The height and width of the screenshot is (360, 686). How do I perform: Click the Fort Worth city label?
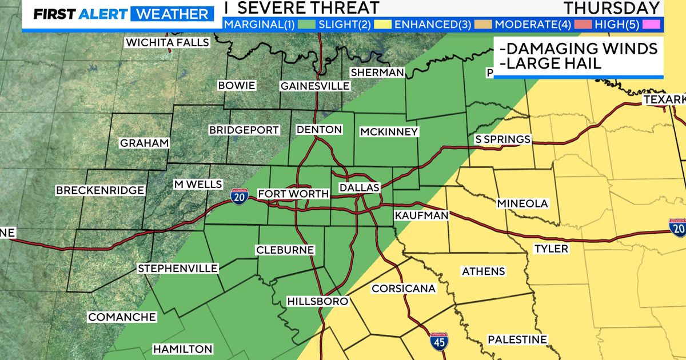[293, 194]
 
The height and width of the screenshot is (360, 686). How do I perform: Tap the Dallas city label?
[359, 188]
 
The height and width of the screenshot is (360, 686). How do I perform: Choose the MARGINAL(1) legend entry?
[255, 24]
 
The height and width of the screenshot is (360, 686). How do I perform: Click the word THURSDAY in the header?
[611, 8]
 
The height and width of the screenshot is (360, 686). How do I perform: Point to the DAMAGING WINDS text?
[577, 47]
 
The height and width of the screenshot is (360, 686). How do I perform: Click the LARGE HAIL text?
[551, 63]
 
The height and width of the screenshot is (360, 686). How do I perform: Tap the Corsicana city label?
[404, 289]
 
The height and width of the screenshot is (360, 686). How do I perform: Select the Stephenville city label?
[178, 268]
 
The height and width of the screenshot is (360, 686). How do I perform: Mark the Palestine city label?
[517, 339]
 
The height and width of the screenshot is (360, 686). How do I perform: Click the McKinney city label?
[389, 132]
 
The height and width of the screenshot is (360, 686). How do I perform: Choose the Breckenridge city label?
[100, 190]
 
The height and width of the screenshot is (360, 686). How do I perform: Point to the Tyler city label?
[551, 249]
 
